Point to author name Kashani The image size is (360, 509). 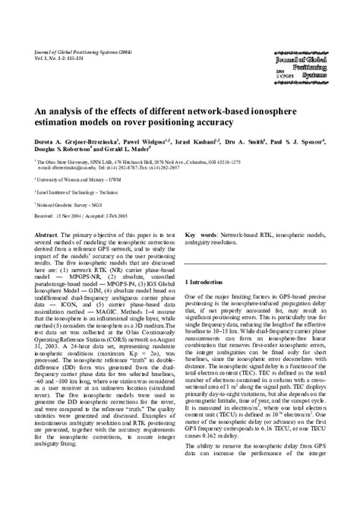pos(217,141)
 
